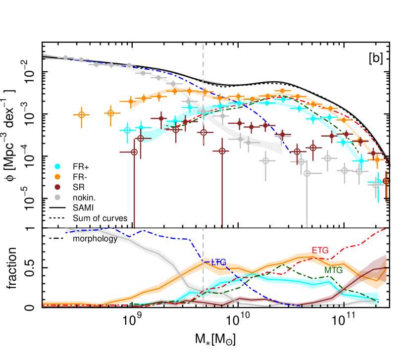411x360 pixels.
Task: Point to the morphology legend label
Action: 95,239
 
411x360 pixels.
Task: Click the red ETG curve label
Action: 320,250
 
